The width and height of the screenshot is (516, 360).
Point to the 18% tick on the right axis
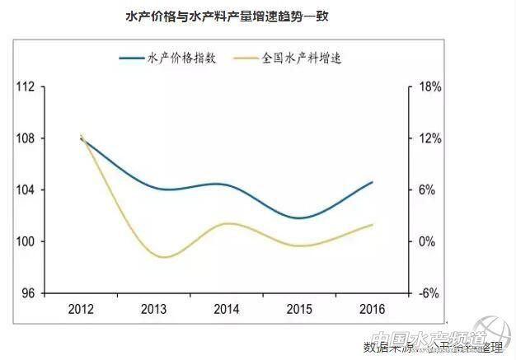[430, 86]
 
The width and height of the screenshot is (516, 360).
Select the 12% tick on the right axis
[430, 138]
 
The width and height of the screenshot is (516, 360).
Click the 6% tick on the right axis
[428, 190]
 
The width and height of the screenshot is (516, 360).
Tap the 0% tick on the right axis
[428, 242]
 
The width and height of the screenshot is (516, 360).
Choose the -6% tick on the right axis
[429, 294]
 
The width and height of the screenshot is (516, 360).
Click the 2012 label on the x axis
[81, 309]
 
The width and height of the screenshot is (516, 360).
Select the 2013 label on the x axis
[153, 309]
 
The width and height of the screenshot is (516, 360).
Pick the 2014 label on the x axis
[227, 309]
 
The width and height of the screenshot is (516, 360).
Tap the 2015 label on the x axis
[299, 309]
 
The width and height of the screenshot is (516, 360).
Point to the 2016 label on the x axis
[372, 309]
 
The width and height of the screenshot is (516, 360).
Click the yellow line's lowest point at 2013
[163, 257]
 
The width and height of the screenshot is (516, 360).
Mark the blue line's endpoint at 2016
[373, 182]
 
